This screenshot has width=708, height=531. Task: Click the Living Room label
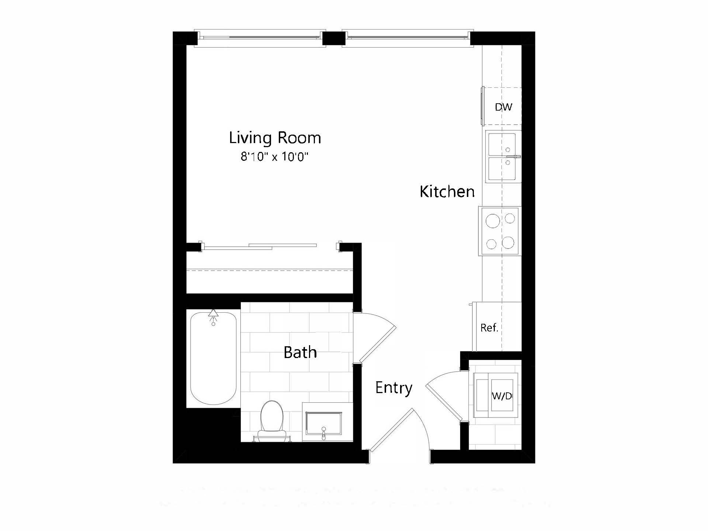(x=275, y=138)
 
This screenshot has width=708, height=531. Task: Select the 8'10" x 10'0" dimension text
(x=274, y=157)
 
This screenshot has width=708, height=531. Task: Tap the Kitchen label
(x=447, y=192)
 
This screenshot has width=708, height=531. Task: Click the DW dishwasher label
(x=503, y=107)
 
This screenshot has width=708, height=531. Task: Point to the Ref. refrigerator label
(x=489, y=327)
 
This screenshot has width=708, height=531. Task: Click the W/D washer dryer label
(x=502, y=396)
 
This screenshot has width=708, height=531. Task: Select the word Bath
(x=300, y=353)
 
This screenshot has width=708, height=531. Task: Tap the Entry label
(x=393, y=388)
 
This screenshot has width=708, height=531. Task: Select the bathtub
(x=213, y=358)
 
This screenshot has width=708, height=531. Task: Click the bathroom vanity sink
(x=323, y=423)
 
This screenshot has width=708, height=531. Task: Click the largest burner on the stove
(x=493, y=221)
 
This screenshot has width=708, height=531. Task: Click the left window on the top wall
(x=260, y=38)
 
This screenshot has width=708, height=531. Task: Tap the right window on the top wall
(x=407, y=38)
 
